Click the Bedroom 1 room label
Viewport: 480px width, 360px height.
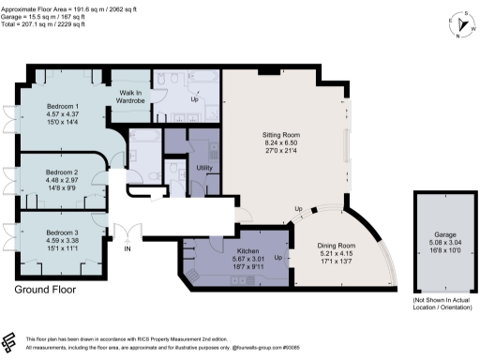pos(63,107)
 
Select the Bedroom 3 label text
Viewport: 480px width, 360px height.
pos(63,232)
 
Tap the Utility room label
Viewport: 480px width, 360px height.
pos(204,168)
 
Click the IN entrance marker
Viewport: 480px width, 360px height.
pos(128,250)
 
